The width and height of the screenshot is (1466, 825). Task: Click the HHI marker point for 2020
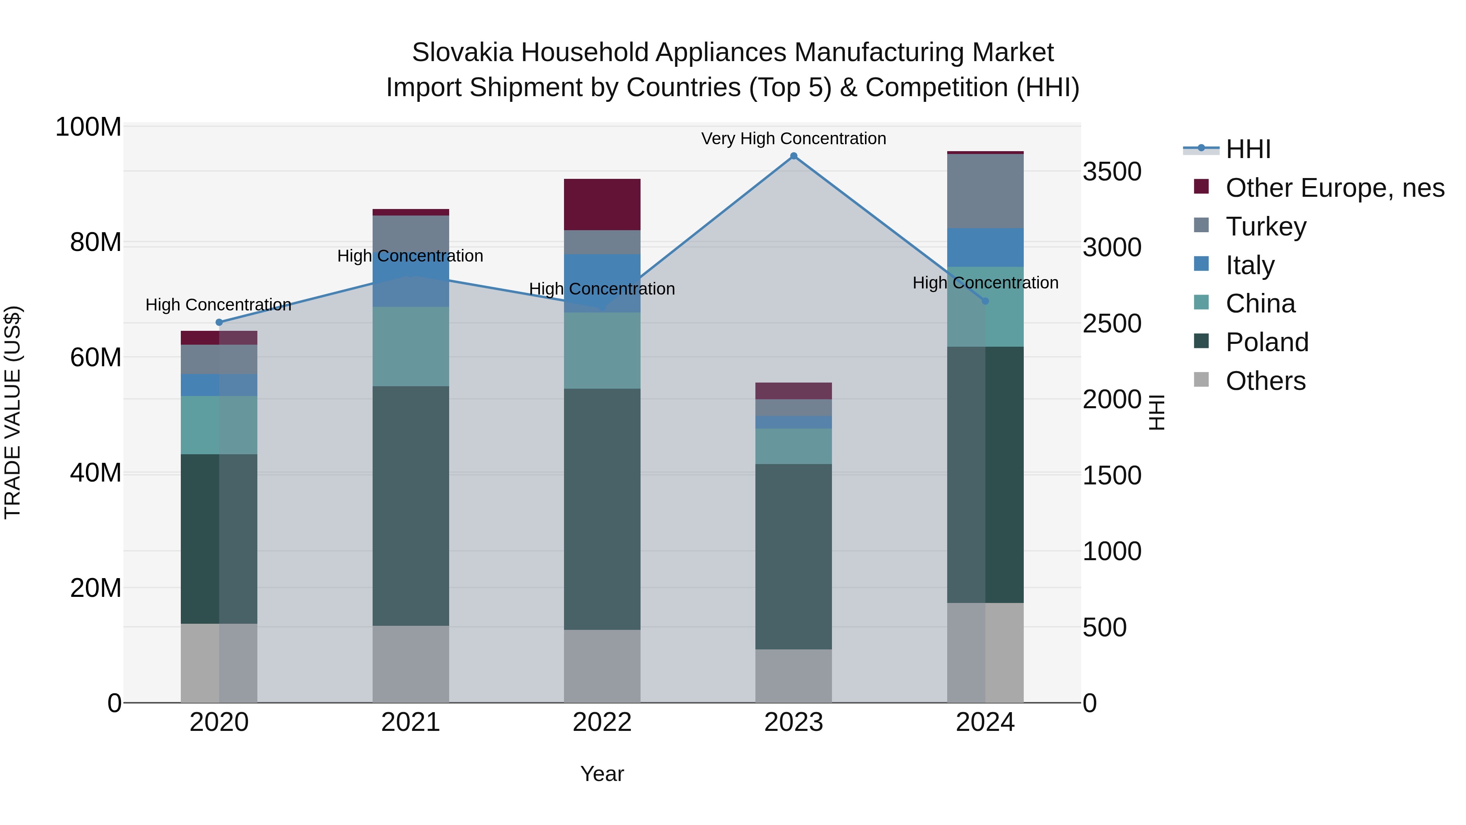click(219, 322)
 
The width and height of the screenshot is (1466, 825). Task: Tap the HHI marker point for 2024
click(985, 301)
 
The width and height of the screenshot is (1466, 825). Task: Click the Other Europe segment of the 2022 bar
click(602, 205)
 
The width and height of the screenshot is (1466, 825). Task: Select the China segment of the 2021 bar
click(410, 346)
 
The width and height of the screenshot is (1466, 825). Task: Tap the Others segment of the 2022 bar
click(602, 666)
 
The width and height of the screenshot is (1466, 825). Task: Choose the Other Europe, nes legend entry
click(1334, 188)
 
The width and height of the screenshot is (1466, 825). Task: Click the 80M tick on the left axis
click(95, 242)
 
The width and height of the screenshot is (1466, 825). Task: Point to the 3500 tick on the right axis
click(1111, 172)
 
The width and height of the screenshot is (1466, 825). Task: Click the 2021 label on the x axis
click(410, 722)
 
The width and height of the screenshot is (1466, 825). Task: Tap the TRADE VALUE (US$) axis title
click(13, 412)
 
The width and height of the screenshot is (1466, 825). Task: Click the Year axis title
click(602, 774)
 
